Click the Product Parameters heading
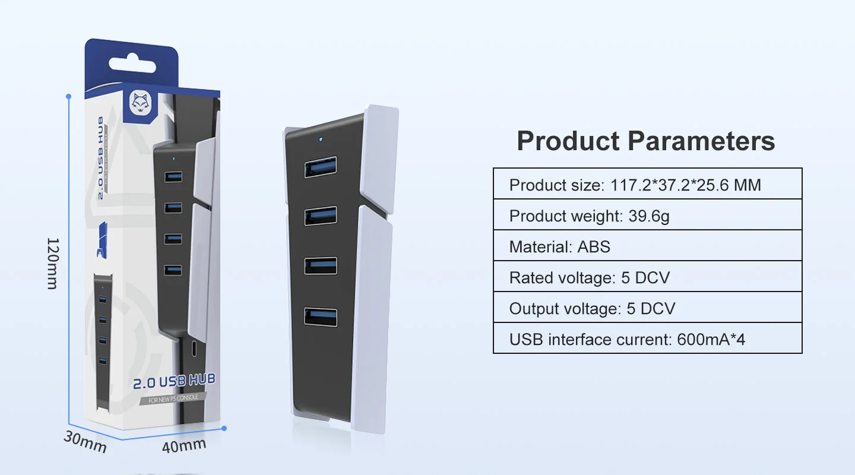coord(646,141)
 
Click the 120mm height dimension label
coord(53,263)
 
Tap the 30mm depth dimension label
coord(85,442)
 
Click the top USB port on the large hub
coord(321,167)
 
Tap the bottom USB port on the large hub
coord(321,316)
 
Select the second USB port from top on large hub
coord(321,216)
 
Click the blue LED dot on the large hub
coord(321,141)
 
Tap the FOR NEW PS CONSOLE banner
coord(173,398)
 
